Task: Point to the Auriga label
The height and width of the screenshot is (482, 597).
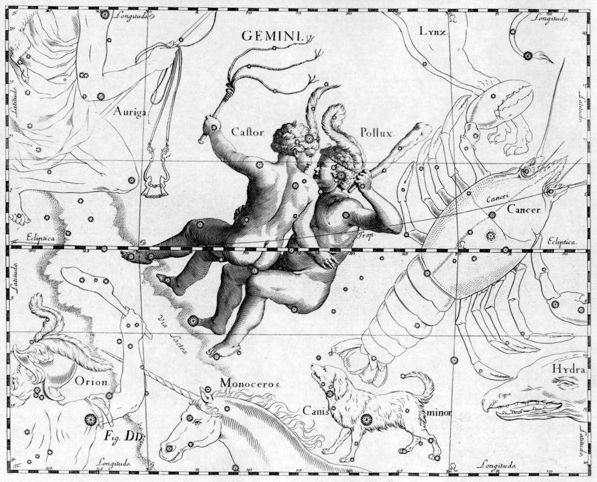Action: click(130, 111)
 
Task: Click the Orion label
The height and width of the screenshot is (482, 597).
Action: click(91, 381)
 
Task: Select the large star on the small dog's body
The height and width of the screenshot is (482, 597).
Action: click(365, 419)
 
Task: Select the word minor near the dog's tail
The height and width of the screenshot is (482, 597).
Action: click(439, 414)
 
